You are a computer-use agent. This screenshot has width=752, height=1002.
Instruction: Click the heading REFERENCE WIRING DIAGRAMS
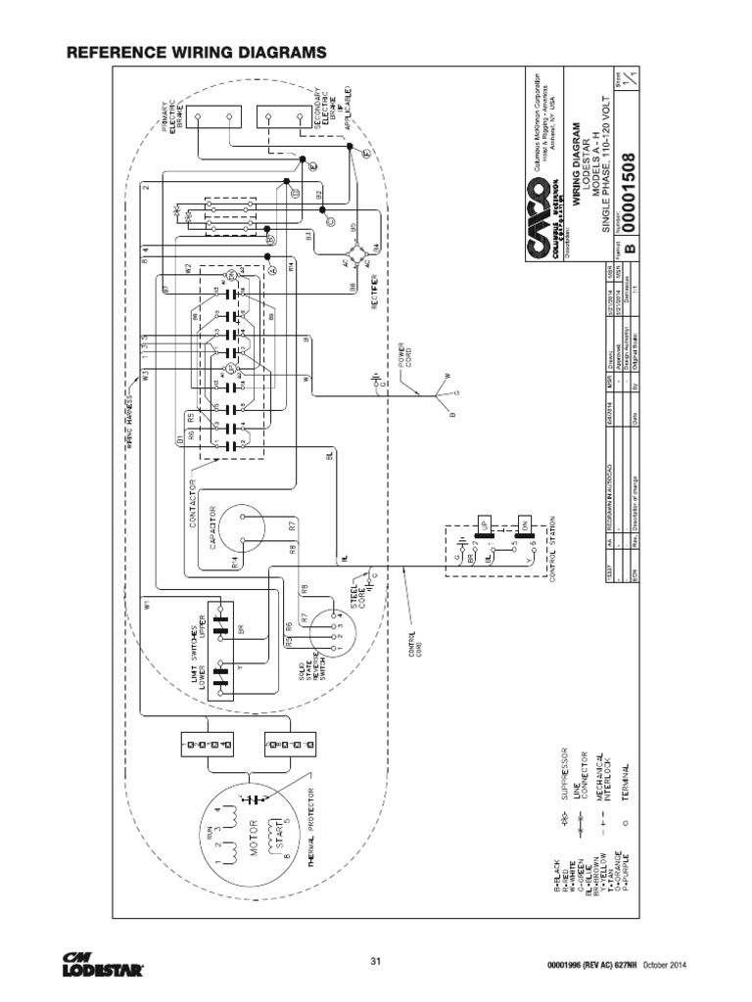(195, 51)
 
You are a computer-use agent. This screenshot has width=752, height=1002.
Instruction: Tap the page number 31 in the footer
(375, 959)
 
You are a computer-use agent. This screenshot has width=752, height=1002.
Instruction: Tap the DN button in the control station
(524, 524)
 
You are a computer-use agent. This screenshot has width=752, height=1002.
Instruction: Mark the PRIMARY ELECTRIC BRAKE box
(213, 116)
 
